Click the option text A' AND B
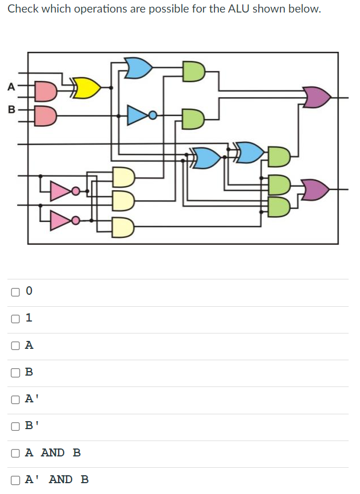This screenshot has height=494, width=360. click(57, 479)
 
